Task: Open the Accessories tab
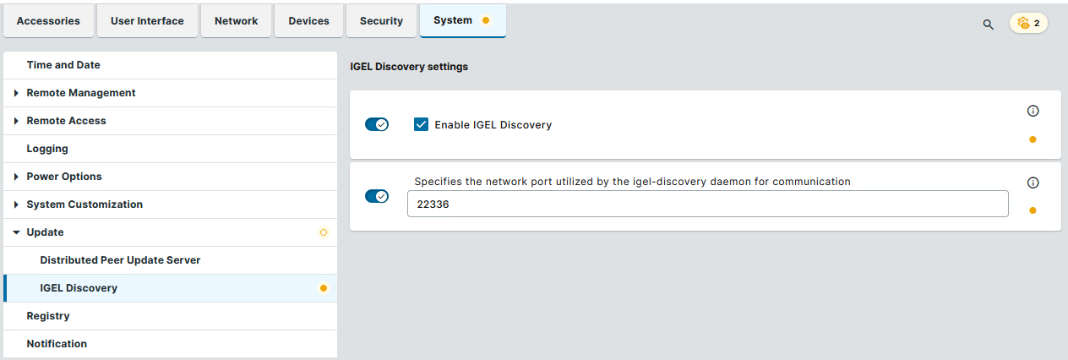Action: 48,21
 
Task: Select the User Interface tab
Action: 147,21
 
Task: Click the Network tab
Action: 236,21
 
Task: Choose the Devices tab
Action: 308,21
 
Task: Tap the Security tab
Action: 381,21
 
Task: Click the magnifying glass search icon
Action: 988,25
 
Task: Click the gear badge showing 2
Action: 1028,23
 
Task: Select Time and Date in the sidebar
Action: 63,65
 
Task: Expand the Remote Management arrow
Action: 16,93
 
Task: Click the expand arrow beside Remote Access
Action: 16,121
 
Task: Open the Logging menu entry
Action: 47,149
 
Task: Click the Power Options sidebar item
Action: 64,177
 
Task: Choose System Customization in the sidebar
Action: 84,204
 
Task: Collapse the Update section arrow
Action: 16,232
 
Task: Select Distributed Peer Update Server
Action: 120,260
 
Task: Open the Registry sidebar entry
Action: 48,316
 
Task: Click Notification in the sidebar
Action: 57,344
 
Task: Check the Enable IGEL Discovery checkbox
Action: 421,124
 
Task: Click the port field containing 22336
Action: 707,204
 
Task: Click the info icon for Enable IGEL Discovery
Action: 1033,111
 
